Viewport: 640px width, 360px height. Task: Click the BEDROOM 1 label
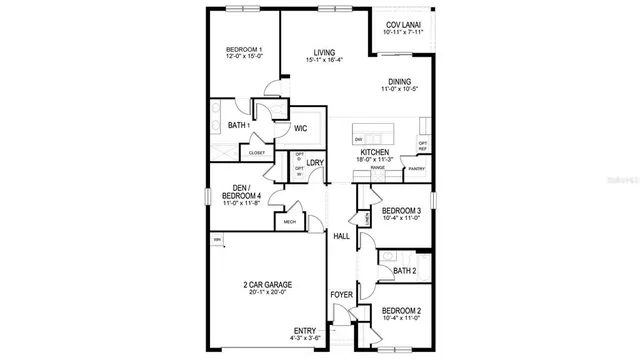tap(243, 51)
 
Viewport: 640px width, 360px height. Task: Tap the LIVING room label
tap(323, 52)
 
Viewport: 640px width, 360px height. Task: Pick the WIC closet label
tap(299, 127)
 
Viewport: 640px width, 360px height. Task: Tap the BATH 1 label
tap(237, 125)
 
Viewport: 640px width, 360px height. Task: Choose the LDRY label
tap(314, 162)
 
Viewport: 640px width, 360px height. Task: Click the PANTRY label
tap(417, 170)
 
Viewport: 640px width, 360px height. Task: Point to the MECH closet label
tap(290, 222)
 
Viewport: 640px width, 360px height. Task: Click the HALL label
tap(341, 236)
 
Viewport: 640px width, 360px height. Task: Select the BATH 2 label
tap(404, 271)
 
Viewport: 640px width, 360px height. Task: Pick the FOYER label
tap(341, 295)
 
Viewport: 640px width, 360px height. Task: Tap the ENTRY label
tap(304, 330)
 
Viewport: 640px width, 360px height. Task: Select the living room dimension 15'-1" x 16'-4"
tap(323, 60)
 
